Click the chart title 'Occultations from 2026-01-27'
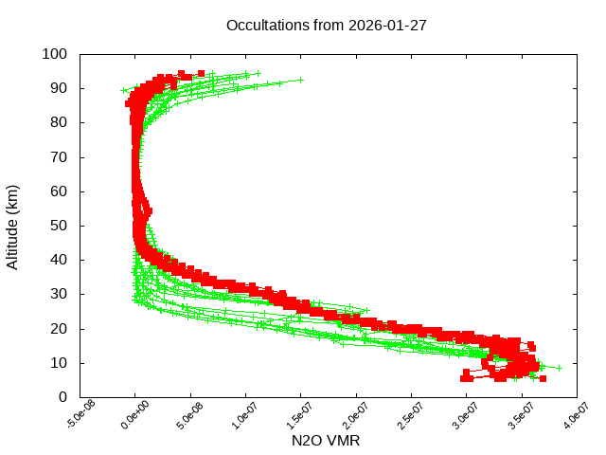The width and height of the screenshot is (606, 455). pyautogui.click(x=326, y=25)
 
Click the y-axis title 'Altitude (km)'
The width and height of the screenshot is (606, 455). pyautogui.click(x=13, y=226)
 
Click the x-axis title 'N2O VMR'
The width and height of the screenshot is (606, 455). pyautogui.click(x=326, y=441)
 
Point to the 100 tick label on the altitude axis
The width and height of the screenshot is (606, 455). pyautogui.click(x=55, y=54)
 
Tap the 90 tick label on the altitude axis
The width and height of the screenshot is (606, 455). pyautogui.click(x=59, y=88)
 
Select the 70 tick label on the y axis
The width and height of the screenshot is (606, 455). pyautogui.click(x=59, y=156)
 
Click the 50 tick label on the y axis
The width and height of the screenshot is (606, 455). pyautogui.click(x=59, y=226)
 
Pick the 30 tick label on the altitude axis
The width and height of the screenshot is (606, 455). pyautogui.click(x=59, y=294)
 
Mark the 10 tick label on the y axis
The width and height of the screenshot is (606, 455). pyautogui.click(x=59, y=363)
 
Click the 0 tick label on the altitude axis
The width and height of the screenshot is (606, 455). pyautogui.click(x=62, y=397)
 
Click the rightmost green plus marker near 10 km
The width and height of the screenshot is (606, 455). pyautogui.click(x=559, y=368)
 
